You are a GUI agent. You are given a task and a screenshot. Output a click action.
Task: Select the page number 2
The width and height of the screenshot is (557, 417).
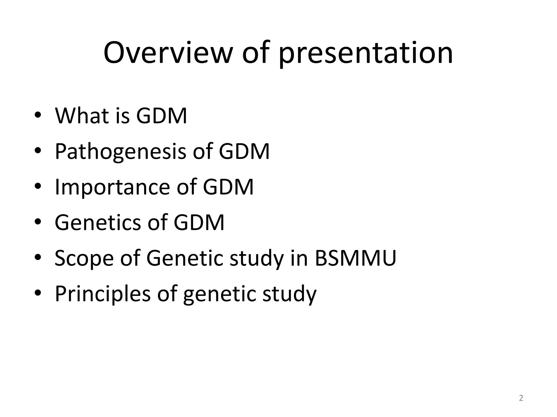click(521, 398)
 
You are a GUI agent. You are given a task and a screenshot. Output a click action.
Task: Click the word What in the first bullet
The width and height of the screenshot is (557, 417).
click(82, 116)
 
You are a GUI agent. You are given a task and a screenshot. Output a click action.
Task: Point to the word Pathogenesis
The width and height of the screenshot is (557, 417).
click(120, 152)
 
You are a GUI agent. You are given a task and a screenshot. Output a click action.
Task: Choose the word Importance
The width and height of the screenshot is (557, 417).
click(112, 187)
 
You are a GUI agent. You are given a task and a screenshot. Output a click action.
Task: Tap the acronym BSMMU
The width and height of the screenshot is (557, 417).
click(355, 258)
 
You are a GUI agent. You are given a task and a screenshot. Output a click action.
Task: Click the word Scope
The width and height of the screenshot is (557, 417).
click(84, 258)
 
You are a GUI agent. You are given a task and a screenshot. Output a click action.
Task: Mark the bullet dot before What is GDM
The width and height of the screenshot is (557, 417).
click(38, 115)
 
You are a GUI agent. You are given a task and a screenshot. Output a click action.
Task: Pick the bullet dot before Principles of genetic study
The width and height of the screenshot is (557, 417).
click(38, 293)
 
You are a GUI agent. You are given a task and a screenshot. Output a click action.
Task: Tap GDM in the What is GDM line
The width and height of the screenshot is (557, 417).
click(162, 116)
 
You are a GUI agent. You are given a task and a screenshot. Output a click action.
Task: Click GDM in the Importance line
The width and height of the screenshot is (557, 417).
click(228, 187)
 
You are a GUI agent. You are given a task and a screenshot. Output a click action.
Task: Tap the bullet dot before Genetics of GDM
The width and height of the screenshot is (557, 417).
click(38, 222)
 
